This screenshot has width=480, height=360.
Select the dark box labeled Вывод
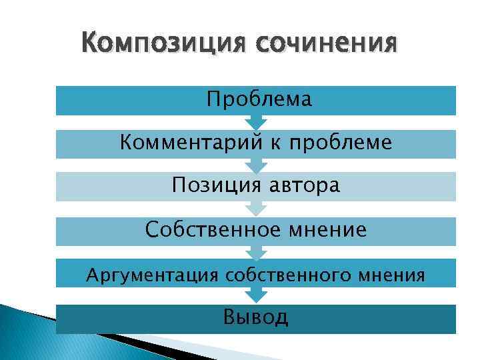[256, 318]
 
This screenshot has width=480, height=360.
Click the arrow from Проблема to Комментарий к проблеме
[256, 123]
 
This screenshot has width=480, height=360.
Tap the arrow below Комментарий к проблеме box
[256, 165]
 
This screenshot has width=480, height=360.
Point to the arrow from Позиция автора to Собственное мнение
[256, 209]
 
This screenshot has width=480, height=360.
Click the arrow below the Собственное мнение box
[256, 253]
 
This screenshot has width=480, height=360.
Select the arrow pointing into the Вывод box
[256, 296]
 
